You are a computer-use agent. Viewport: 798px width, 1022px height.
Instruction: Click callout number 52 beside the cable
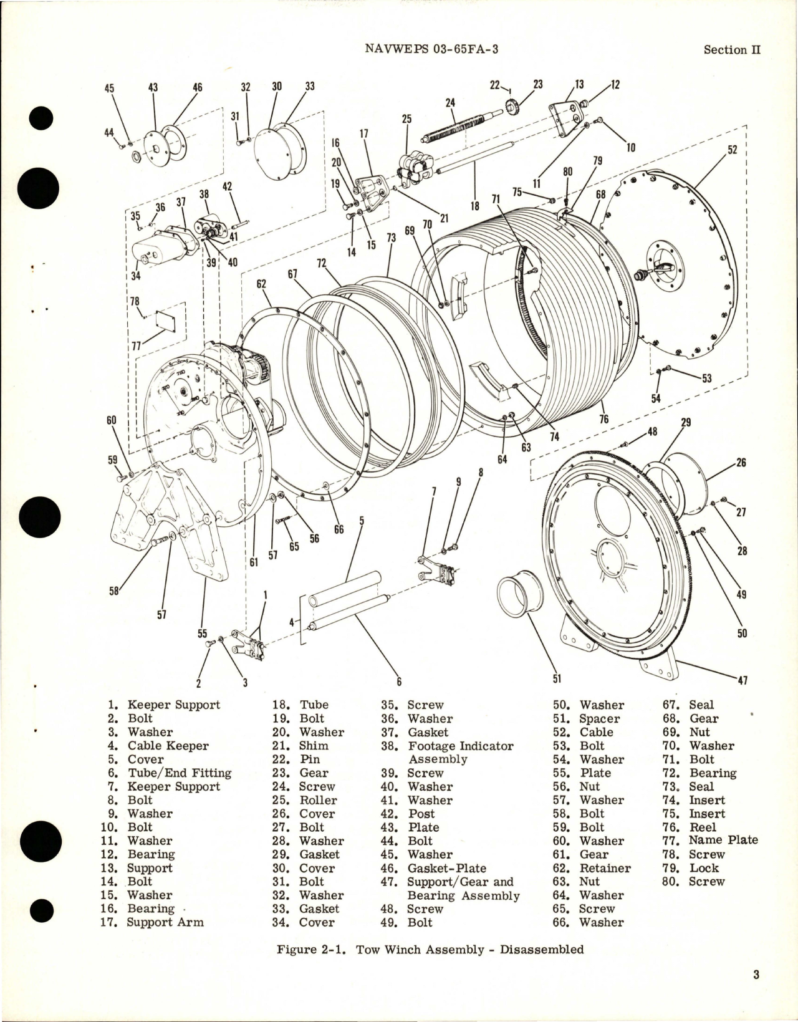point(732,150)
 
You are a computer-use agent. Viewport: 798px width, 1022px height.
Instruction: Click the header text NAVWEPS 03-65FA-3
point(431,50)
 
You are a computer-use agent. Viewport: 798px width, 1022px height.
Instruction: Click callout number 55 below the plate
point(202,633)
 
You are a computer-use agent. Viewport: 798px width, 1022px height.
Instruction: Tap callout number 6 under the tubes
point(398,682)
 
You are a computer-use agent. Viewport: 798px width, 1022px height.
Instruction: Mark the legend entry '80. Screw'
point(693,882)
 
